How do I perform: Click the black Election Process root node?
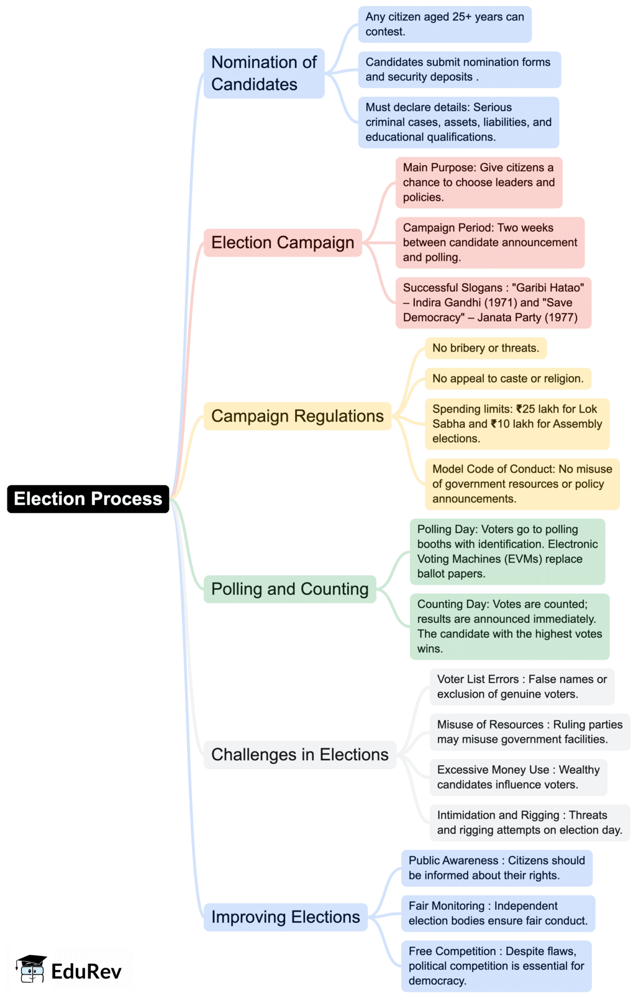[88, 499]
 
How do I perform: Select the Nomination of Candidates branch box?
[264, 73]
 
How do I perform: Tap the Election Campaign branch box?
[283, 242]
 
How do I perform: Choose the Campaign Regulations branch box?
[297, 416]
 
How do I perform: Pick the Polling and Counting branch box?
[289, 589]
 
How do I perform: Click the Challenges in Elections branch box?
[299, 755]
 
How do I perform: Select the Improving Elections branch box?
[285, 917]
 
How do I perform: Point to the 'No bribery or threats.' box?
[486, 348]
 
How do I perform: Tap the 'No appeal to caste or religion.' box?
[507, 378]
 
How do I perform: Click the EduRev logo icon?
[31, 969]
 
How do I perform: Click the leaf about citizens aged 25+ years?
[445, 24]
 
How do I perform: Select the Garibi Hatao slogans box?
[493, 302]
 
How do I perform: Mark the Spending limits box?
[517, 424]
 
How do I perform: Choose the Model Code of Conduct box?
[522, 484]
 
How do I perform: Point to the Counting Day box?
[509, 626]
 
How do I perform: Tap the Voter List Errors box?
[522, 686]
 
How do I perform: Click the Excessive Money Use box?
[518, 777]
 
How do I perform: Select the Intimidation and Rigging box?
[529, 822]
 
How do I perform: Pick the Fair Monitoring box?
[497, 913]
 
